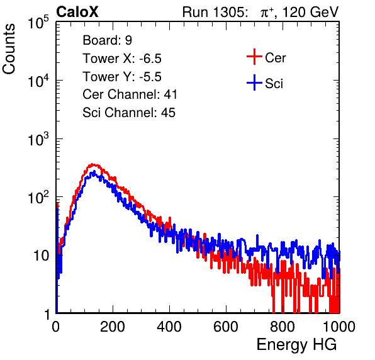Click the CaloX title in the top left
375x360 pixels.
click(x=77, y=12)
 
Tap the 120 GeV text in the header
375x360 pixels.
click(x=311, y=12)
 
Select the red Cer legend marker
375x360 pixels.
click(x=254, y=57)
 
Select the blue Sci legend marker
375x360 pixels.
click(x=254, y=82)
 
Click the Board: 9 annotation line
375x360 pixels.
click(x=108, y=40)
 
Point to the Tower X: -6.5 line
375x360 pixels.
click(x=122, y=59)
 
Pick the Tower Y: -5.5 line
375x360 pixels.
click(x=122, y=77)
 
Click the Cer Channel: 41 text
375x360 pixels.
click(x=130, y=94)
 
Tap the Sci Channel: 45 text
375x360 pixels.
click(x=129, y=113)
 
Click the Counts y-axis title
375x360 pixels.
click(x=9, y=49)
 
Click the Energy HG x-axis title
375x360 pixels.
click(x=296, y=345)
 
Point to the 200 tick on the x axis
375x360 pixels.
click(x=113, y=327)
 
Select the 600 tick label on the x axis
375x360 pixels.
click(x=226, y=327)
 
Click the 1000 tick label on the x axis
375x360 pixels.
click(x=339, y=327)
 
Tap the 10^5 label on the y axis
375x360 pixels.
click(x=38, y=23)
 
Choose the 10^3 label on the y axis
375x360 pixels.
click(x=38, y=139)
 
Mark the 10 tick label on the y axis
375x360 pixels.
click(x=41, y=256)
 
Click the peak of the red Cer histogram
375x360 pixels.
click(x=92, y=164)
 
